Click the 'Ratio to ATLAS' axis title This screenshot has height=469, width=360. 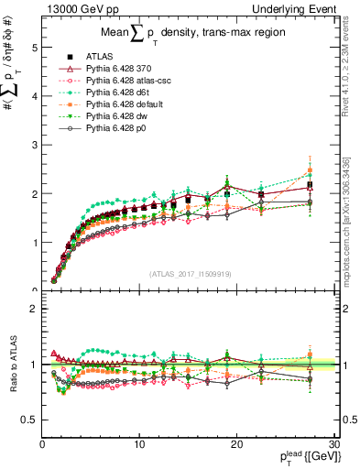click(x=12, y=364)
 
